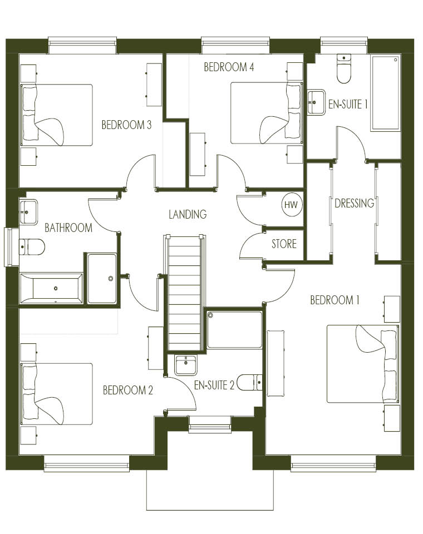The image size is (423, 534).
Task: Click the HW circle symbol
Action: pyautogui.click(x=292, y=205)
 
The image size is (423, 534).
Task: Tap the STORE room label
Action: pyautogui.click(x=284, y=244)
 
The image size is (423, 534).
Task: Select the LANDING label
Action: pyautogui.click(x=188, y=214)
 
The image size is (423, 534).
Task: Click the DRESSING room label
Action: pyautogui.click(x=354, y=204)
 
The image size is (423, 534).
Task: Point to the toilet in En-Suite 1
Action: pyautogui.click(x=343, y=68)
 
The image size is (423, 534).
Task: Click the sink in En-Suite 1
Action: pyautogui.click(x=316, y=102)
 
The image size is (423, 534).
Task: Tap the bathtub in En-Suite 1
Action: pyautogui.click(x=386, y=93)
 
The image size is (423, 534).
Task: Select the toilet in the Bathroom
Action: pyautogui.click(x=32, y=247)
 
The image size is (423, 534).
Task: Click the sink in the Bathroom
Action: pyautogui.click(x=28, y=212)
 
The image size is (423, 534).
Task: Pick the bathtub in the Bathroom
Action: pyautogui.click(x=51, y=288)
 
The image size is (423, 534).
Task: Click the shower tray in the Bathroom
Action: pyautogui.click(x=102, y=279)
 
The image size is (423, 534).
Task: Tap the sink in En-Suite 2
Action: pyautogui.click(x=185, y=365)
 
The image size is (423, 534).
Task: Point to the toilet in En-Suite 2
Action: pyautogui.click(x=249, y=383)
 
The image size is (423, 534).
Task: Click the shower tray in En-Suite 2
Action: pyautogui.click(x=234, y=329)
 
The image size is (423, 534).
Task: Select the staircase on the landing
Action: pyautogui.click(x=184, y=293)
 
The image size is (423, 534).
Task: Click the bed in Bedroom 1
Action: pyautogui.click(x=362, y=364)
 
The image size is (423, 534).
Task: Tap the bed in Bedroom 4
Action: pyautogui.click(x=267, y=113)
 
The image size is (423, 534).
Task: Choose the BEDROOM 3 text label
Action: pyautogui.click(x=126, y=125)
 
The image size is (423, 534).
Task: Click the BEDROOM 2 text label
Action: pyautogui.click(x=128, y=390)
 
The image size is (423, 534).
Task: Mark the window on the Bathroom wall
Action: pyautogui.click(x=11, y=247)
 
